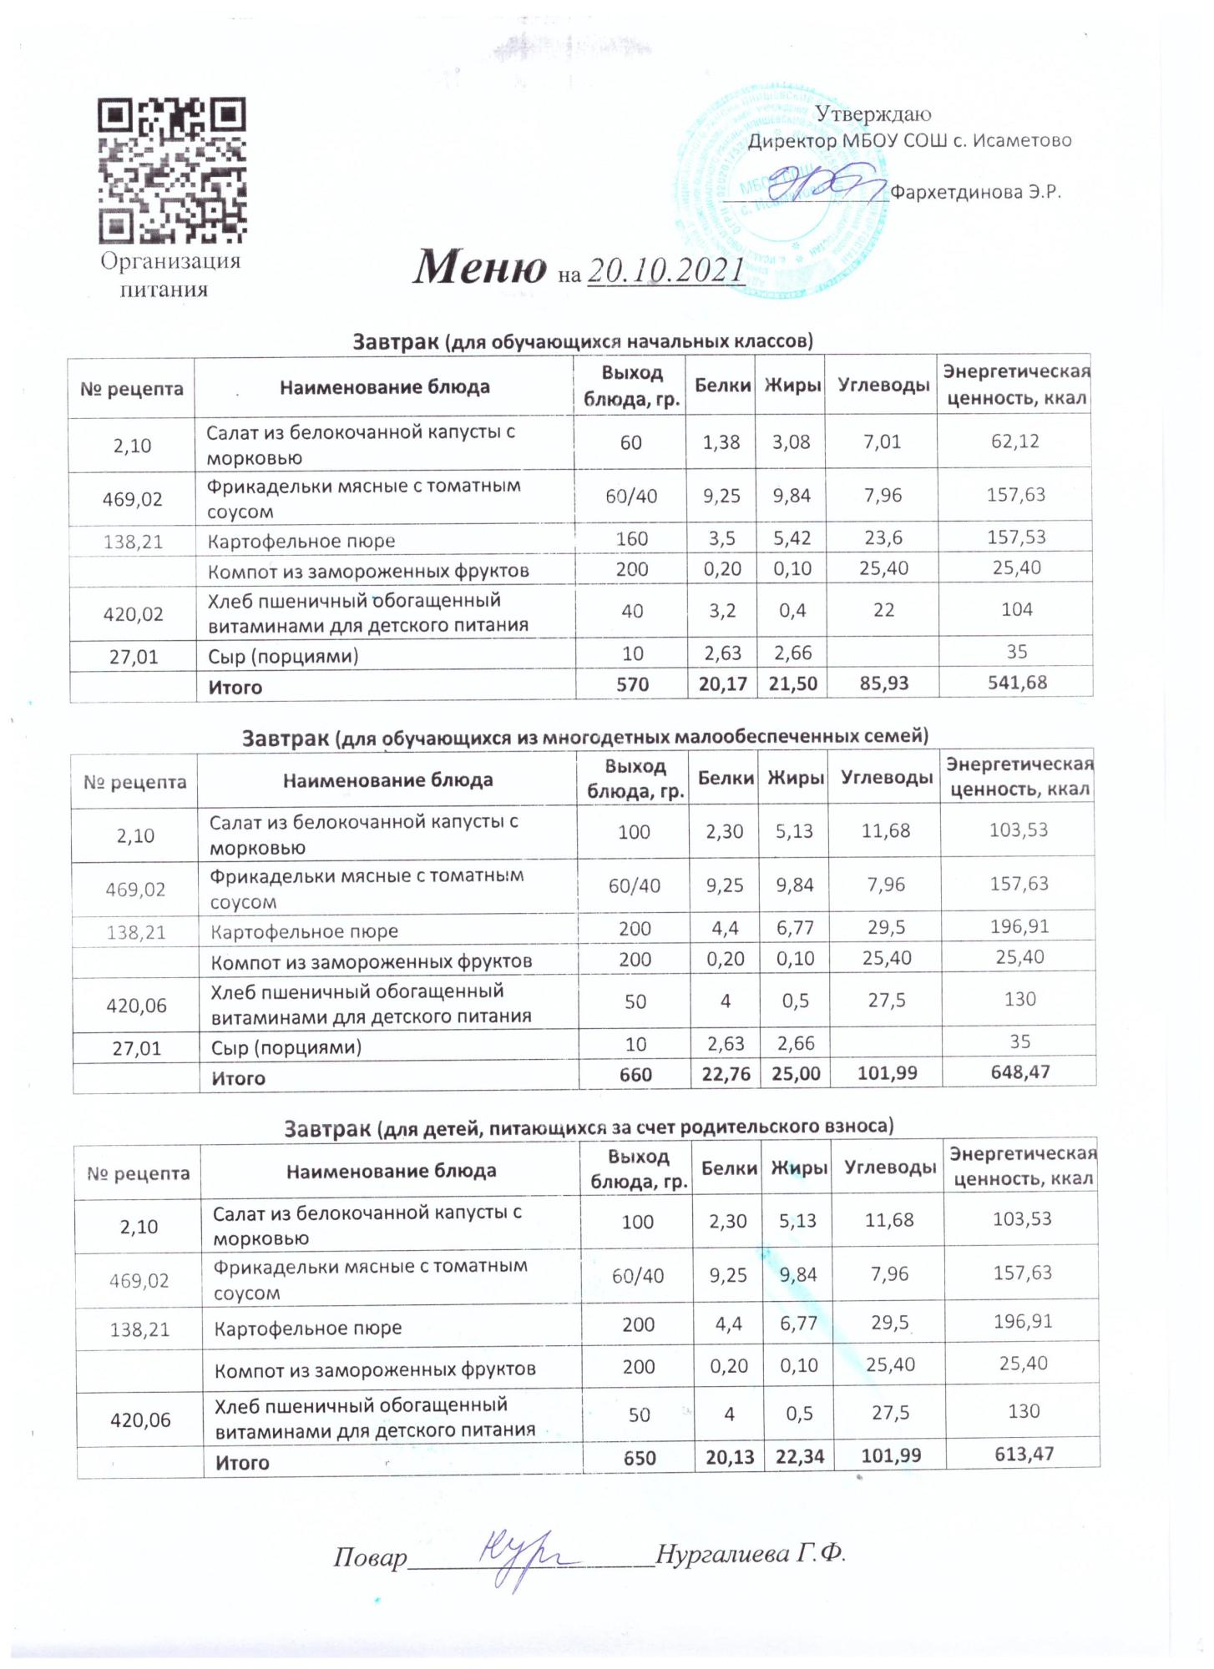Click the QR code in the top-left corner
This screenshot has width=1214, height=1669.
pos(172,170)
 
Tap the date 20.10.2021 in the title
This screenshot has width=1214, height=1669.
pos(666,270)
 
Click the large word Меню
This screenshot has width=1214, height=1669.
pos(480,267)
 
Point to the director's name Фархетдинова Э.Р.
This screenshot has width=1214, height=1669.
pos(975,192)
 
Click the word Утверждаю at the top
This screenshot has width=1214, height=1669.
pos(873,113)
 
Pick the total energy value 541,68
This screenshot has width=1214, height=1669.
pos(1015,683)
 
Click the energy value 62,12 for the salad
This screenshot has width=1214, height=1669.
pos(1014,441)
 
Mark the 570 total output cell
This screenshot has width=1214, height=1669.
pos(631,684)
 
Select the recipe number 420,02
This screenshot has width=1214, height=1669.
pos(132,614)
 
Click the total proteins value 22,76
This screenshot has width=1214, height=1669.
pos(723,1073)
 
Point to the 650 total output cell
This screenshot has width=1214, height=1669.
pos(639,1458)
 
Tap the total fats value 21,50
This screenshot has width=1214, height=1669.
pos(792,683)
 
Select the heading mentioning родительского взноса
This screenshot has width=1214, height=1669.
pos(589,1128)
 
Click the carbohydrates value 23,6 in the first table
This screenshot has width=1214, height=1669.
pos(883,538)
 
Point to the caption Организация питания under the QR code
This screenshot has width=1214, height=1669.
pos(169,275)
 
